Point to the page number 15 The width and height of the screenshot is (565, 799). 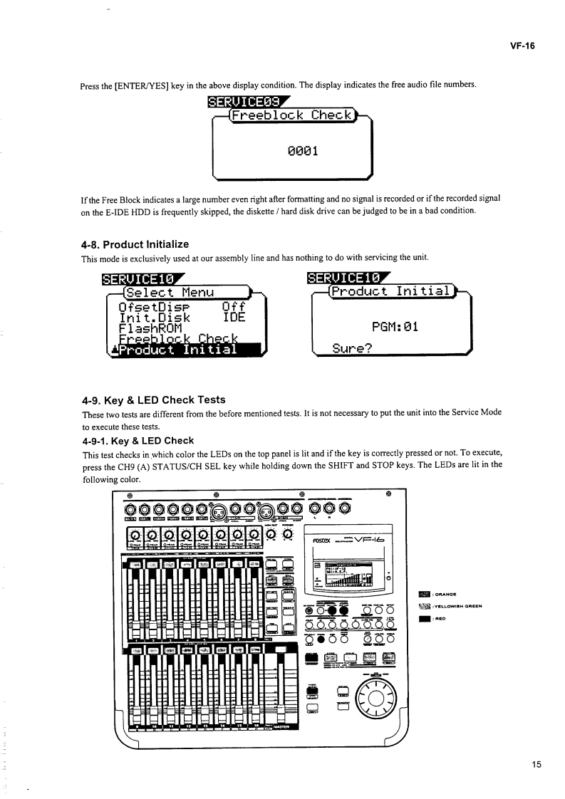(x=537, y=765)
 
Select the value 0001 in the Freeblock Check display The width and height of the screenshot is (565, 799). (x=294, y=150)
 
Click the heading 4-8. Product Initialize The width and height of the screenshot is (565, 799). (x=135, y=244)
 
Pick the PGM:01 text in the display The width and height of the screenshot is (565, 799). (x=394, y=326)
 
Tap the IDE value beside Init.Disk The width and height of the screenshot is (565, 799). (x=234, y=313)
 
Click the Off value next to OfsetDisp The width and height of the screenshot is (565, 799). (x=234, y=303)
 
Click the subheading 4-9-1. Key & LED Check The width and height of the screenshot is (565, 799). (x=138, y=440)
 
